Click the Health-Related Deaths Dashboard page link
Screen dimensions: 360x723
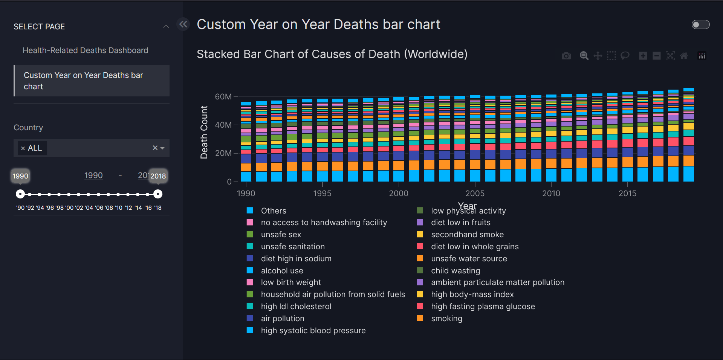coord(85,50)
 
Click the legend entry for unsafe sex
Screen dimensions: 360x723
coord(281,235)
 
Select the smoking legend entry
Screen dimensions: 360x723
coord(446,319)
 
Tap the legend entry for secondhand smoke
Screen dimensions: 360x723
coord(467,235)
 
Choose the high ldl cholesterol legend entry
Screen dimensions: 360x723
coord(296,307)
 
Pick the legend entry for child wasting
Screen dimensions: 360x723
coord(455,271)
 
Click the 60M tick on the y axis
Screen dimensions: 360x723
coord(223,97)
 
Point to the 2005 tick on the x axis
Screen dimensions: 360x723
coord(475,194)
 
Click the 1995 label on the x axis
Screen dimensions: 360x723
coord(322,194)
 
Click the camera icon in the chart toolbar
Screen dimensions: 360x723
coord(566,56)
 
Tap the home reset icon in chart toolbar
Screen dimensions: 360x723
coord(684,56)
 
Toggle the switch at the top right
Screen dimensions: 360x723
coord(700,24)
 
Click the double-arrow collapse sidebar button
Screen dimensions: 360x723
coord(183,24)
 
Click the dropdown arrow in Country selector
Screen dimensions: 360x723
coord(163,148)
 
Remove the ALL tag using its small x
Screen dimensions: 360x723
coord(23,148)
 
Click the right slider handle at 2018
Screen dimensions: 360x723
coord(158,194)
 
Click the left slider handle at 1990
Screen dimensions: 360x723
coord(20,194)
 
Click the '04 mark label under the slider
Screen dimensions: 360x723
coord(89,208)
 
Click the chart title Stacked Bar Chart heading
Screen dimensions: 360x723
coord(332,54)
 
